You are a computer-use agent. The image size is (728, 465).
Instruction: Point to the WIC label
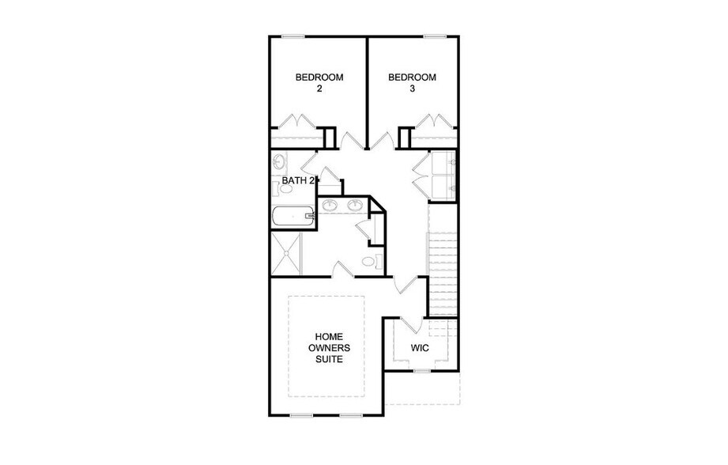(419, 347)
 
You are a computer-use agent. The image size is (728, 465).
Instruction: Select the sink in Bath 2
(279, 163)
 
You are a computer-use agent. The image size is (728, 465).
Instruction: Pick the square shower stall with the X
(285, 253)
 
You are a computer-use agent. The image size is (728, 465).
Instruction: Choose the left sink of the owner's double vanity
(332, 206)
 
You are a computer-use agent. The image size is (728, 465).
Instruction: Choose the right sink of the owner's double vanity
(355, 206)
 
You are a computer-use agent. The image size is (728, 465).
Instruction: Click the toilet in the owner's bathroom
(369, 262)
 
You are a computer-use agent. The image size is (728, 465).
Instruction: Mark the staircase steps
(443, 261)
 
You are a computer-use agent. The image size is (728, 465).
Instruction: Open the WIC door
(409, 325)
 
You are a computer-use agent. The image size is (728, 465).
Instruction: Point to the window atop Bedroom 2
(294, 36)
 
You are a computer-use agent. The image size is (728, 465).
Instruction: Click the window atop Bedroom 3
(434, 36)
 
